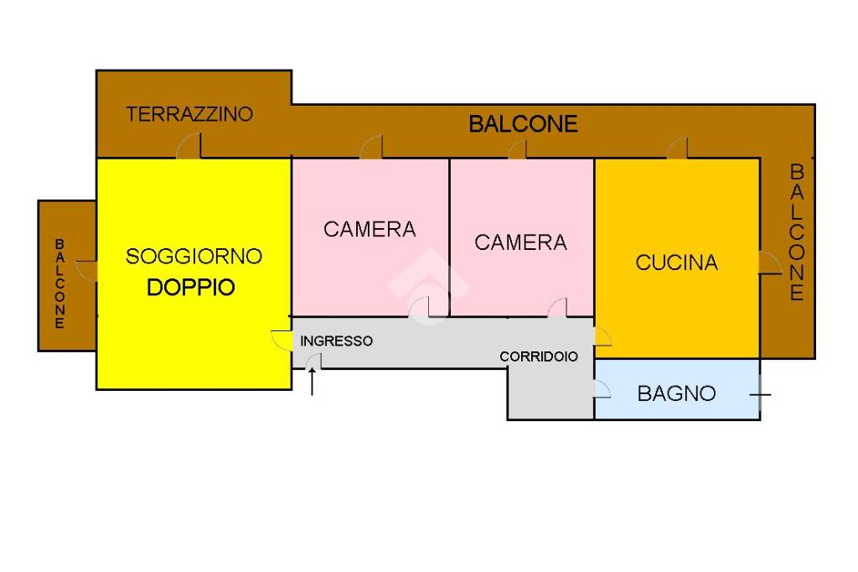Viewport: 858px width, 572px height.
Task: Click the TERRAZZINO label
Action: tap(189, 114)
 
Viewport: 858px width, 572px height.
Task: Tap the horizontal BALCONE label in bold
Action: tap(523, 124)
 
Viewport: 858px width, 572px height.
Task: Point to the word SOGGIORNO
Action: tap(194, 257)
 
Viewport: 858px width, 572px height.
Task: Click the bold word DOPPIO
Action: tap(191, 287)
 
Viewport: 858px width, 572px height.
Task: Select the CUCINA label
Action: tap(677, 263)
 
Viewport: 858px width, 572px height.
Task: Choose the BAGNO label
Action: tap(677, 393)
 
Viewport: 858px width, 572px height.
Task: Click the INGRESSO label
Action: tap(337, 341)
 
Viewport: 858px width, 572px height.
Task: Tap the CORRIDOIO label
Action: tap(539, 356)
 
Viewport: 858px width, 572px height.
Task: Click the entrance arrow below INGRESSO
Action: tap(312, 382)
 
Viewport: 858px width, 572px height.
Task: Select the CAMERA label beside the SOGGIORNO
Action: tap(370, 230)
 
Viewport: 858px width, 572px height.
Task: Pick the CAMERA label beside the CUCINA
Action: tap(521, 242)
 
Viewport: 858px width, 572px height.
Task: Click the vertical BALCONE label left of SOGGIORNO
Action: tap(59, 283)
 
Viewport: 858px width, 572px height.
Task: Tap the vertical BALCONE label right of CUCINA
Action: tap(797, 232)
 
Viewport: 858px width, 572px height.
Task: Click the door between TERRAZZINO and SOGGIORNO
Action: tap(189, 146)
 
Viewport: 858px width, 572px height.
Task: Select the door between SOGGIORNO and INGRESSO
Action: tap(282, 341)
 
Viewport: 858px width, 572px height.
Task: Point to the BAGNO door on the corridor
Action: tap(602, 388)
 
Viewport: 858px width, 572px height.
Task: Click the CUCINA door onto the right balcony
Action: tap(770, 263)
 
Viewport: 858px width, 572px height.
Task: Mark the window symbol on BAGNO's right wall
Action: tap(760, 394)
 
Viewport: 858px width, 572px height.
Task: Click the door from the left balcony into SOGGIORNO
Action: tap(87, 271)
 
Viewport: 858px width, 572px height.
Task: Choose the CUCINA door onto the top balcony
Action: tap(677, 148)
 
